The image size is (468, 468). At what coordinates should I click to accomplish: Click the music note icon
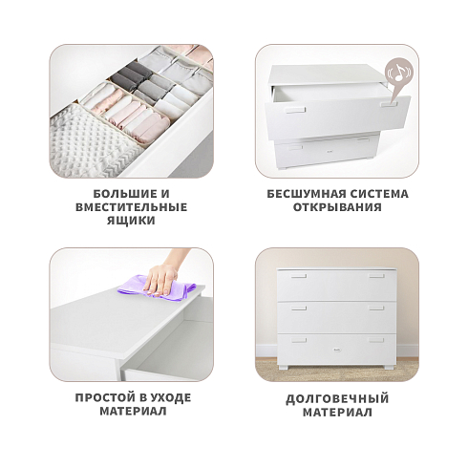tap(399, 74)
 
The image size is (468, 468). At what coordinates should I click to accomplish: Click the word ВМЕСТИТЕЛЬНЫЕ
tap(131, 207)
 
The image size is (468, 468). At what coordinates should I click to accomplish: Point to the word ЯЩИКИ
tap(131, 221)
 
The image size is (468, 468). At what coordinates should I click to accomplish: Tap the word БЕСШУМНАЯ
tap(306, 194)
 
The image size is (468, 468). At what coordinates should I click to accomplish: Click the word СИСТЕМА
tap(379, 194)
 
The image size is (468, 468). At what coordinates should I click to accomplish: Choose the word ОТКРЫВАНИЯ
tap(337, 207)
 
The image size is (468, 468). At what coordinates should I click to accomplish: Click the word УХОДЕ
tap(170, 398)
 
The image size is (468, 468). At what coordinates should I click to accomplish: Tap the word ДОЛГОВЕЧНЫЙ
tap(337, 399)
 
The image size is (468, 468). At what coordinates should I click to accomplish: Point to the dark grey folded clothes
tap(131, 74)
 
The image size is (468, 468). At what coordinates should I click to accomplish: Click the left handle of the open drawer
tap(295, 110)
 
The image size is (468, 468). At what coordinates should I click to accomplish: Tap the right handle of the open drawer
tap(391, 104)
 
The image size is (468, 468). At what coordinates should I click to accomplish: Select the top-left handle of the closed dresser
tap(299, 276)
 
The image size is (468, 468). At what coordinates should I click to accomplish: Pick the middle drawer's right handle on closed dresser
tap(376, 308)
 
